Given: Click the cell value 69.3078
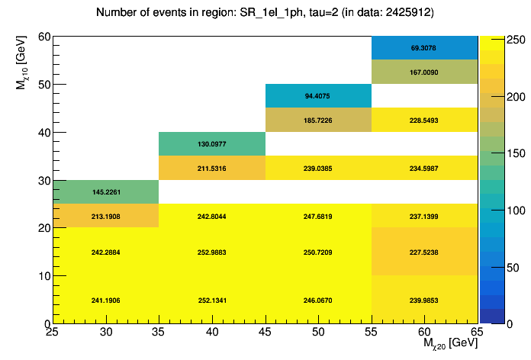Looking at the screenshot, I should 424,47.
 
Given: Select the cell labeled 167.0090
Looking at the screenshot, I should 424,72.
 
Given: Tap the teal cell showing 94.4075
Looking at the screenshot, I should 318,96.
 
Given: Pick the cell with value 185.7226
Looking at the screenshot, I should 318,121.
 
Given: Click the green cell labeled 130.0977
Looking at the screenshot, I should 212,144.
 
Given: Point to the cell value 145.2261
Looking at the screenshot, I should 105,192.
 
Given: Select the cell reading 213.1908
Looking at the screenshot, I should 105,217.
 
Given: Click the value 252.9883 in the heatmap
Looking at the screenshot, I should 212,252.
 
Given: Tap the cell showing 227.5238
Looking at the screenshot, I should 424,252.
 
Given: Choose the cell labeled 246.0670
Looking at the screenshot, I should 318,300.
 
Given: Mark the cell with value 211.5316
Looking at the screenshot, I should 212,168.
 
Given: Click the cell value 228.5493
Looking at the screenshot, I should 424,121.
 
